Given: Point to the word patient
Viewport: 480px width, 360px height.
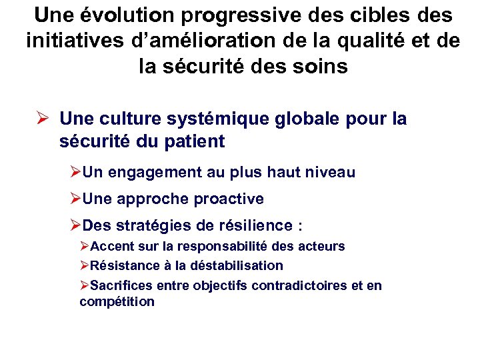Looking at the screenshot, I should pyautogui.click(x=193, y=141).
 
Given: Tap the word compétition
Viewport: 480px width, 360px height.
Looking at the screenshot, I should pyautogui.click(x=117, y=301).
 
